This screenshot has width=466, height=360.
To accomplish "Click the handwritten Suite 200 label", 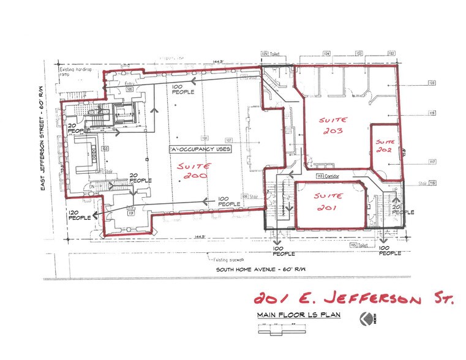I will (194, 171).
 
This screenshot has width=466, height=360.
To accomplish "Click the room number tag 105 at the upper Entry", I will (130, 89).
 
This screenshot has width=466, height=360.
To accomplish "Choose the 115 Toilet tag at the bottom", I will (359, 245).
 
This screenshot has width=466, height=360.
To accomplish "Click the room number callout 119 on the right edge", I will (432, 113).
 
